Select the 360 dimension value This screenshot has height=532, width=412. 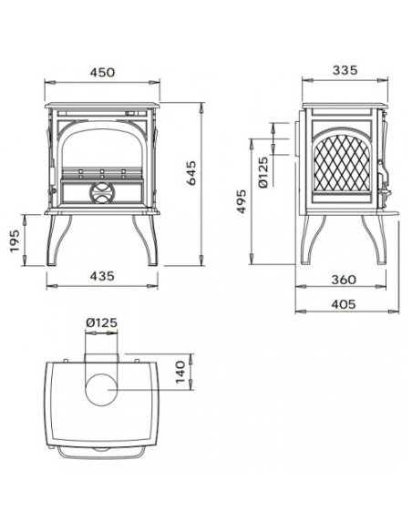point(343,280)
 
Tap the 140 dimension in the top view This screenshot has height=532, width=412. point(180,370)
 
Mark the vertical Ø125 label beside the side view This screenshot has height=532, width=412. point(263,171)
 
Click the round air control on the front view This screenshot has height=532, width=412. point(102,192)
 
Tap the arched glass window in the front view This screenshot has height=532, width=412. point(102,148)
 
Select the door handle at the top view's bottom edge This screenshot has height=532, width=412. point(102,451)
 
